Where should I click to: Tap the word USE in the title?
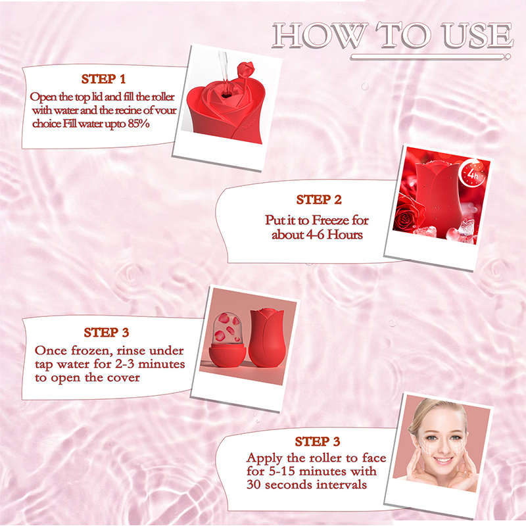click(477, 35)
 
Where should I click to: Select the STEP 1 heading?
click(103, 79)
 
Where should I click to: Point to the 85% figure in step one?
click(139, 124)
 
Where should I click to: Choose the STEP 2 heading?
click(319, 200)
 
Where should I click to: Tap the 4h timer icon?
click(473, 174)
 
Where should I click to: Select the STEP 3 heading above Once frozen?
click(107, 333)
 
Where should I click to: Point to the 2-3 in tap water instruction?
click(126, 364)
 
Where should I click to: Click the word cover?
click(123, 377)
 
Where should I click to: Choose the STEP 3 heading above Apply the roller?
click(318, 441)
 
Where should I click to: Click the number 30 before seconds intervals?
click(254, 485)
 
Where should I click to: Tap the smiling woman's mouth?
click(442, 460)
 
